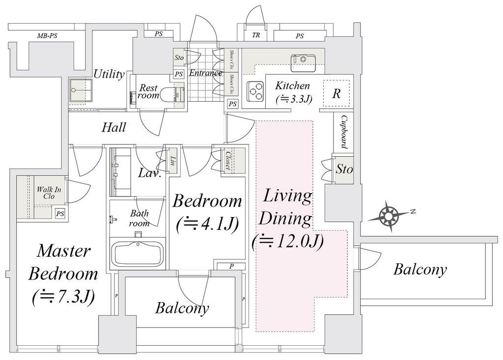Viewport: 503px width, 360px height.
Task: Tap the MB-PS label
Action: (x=47, y=36)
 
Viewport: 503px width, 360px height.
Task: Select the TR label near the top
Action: (x=255, y=35)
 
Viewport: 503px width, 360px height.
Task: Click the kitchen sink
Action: (x=303, y=63)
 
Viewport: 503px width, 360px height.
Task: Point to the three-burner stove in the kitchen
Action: (x=255, y=90)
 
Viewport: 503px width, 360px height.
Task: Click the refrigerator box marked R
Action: (x=336, y=93)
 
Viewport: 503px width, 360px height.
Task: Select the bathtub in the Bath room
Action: (x=138, y=253)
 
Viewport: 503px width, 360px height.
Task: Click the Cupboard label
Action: (x=343, y=132)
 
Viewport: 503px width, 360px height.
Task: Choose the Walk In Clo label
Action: (x=49, y=193)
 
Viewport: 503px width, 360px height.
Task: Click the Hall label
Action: (x=113, y=127)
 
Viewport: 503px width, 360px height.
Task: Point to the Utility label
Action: (x=109, y=74)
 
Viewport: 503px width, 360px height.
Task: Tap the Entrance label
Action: (x=206, y=73)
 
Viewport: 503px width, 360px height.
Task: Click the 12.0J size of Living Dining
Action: (x=287, y=242)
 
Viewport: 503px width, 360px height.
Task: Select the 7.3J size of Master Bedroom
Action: (x=63, y=297)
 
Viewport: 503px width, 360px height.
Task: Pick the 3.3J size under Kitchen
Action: (x=294, y=99)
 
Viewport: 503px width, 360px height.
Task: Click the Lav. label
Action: (x=149, y=173)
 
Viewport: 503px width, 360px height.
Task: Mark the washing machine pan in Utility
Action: (x=81, y=90)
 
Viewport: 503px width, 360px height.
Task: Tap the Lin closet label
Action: (x=173, y=161)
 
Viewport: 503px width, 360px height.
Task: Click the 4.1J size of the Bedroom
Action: (x=208, y=223)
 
